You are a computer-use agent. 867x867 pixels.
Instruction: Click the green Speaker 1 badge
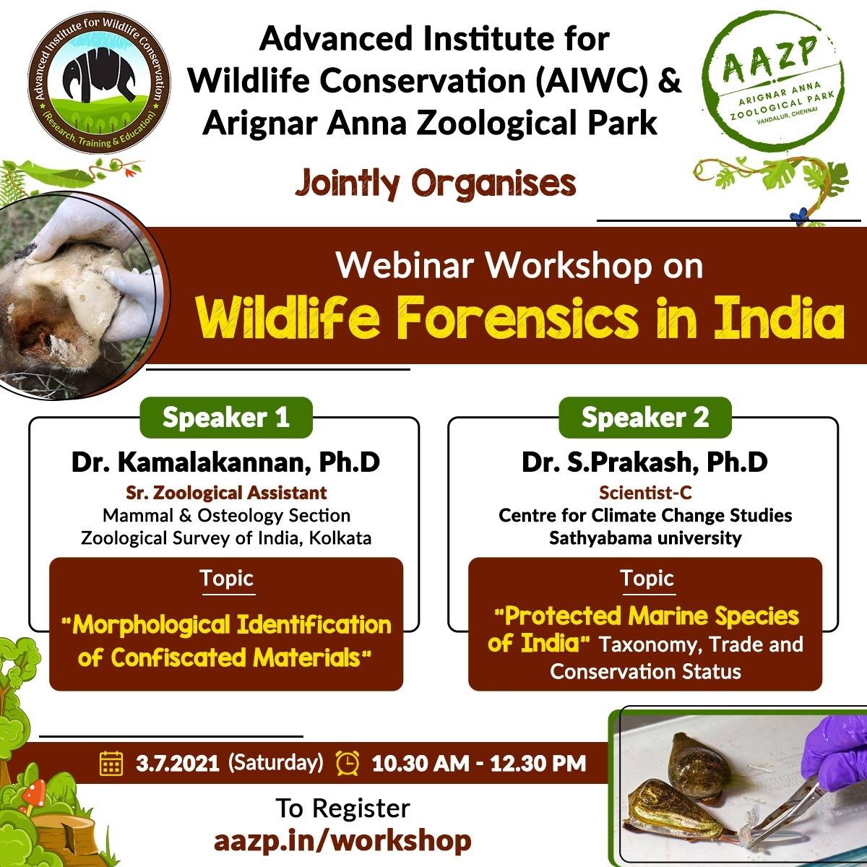tap(226, 418)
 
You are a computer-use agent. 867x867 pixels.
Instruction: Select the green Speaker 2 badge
tap(645, 418)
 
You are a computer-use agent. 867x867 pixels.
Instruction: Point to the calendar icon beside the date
tap(111, 763)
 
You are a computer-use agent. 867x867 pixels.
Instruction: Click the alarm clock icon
tap(348, 763)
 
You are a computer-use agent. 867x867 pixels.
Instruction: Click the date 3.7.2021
tap(177, 764)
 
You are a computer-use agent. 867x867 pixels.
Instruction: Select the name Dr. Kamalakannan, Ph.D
tap(226, 462)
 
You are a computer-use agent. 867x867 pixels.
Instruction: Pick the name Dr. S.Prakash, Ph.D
tap(644, 462)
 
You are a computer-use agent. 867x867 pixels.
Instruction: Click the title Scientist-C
tap(645, 493)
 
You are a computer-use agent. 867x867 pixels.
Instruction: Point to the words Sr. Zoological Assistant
tap(226, 493)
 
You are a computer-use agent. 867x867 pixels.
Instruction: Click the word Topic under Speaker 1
tap(227, 578)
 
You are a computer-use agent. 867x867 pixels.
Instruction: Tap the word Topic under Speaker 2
tap(647, 578)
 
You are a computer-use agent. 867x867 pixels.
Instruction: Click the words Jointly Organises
tap(436, 184)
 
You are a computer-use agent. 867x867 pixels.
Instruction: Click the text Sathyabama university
tap(645, 538)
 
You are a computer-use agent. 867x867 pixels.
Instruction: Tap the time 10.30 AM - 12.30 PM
tap(479, 764)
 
